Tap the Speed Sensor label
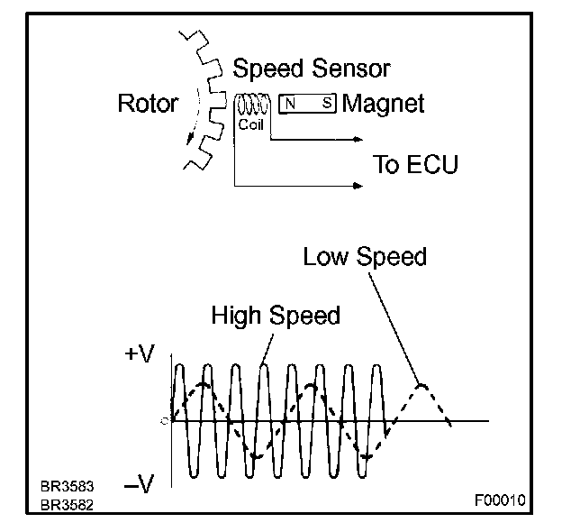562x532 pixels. pos(311,69)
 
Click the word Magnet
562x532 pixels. pos(383,104)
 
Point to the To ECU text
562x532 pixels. pos(415,164)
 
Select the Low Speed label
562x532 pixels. pos(364,257)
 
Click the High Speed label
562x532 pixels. pos(275,316)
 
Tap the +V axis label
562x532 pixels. pos(140,355)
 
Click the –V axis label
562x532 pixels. pos(140,485)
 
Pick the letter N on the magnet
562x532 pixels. pos(291,104)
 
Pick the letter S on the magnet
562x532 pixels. pos(325,104)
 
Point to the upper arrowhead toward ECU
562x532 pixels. pos(359,140)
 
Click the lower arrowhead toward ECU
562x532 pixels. pos(359,187)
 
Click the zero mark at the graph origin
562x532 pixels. pos(166,420)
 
